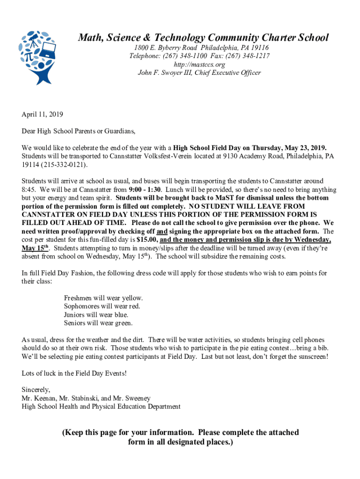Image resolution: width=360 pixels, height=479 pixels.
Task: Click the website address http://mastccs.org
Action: click(199, 65)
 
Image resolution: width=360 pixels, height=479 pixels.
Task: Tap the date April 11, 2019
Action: click(42, 114)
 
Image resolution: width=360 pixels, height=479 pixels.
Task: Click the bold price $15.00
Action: click(147, 240)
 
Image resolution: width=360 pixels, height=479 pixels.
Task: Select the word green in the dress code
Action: click(123, 323)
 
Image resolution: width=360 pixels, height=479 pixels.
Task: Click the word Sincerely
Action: click(36, 390)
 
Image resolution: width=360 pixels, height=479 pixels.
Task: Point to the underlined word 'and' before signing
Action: click(162, 232)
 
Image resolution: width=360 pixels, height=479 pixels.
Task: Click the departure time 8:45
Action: click(29, 189)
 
